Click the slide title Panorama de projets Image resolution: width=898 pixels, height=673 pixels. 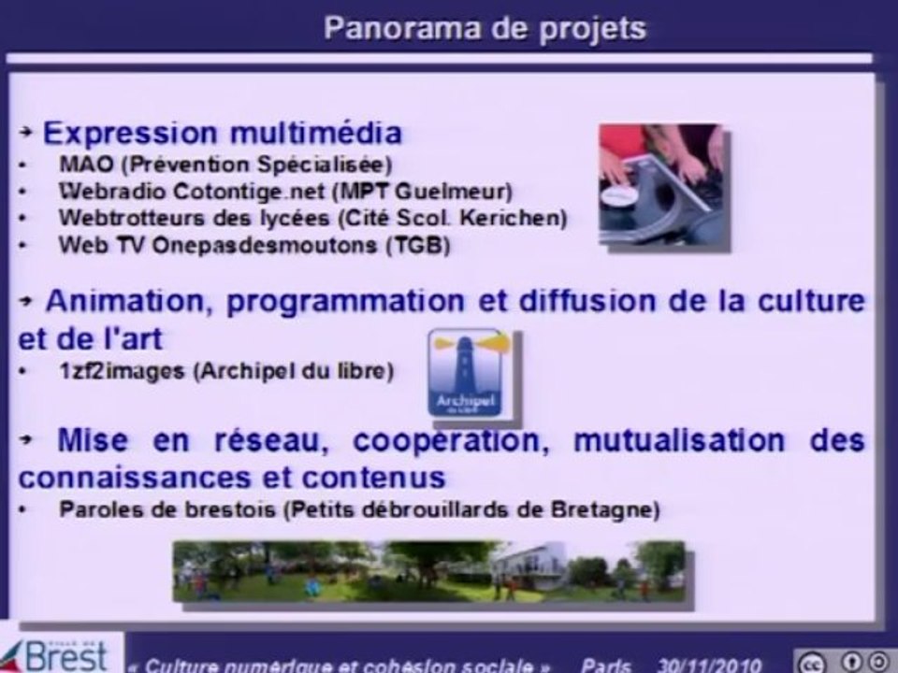click(x=485, y=28)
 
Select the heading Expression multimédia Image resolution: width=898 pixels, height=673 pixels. click(x=223, y=133)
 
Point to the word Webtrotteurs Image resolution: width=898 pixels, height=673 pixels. click(x=120, y=219)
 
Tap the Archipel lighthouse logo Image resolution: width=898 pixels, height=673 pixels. click(x=466, y=372)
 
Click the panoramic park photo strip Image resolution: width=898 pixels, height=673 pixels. click(x=428, y=570)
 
